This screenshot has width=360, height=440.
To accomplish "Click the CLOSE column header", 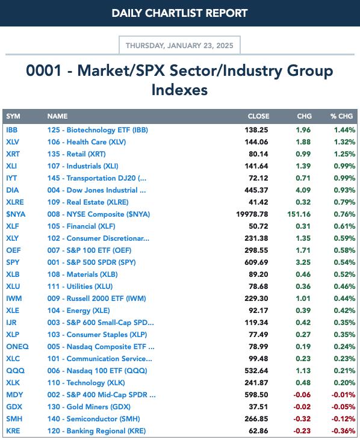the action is coord(258,116).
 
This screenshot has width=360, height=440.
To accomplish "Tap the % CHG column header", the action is coord(341,116).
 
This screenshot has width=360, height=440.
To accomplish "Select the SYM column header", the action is coord(13,116).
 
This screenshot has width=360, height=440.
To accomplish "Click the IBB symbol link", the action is coord(12,130).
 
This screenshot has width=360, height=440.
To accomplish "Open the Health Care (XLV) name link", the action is coord(87,142).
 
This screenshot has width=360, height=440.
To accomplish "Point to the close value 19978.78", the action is coord(252,214).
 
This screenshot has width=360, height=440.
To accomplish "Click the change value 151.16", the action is coord(299,214).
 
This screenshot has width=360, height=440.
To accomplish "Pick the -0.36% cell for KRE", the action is coord(343,431).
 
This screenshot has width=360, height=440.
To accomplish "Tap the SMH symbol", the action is coord(14,419).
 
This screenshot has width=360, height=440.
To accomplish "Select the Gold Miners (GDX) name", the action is coord(88,407).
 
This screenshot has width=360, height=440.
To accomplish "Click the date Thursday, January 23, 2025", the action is coord(179,46).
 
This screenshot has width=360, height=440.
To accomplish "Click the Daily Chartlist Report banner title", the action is coord(179,13).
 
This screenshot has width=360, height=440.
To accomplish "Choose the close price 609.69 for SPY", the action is coord(256,262).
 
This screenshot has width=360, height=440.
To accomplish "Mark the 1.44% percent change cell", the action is coord(344,130).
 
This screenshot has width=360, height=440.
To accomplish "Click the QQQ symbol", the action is coord(16,371).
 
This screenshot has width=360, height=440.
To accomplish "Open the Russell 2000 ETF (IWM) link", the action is coord(96,299).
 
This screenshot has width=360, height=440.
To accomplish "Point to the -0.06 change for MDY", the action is coord(302,395).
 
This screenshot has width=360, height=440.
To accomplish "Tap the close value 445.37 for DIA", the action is coord(256,190).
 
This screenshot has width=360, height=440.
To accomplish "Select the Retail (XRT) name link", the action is coord(76,154).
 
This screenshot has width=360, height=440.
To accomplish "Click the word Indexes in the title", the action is coord(179,90).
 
